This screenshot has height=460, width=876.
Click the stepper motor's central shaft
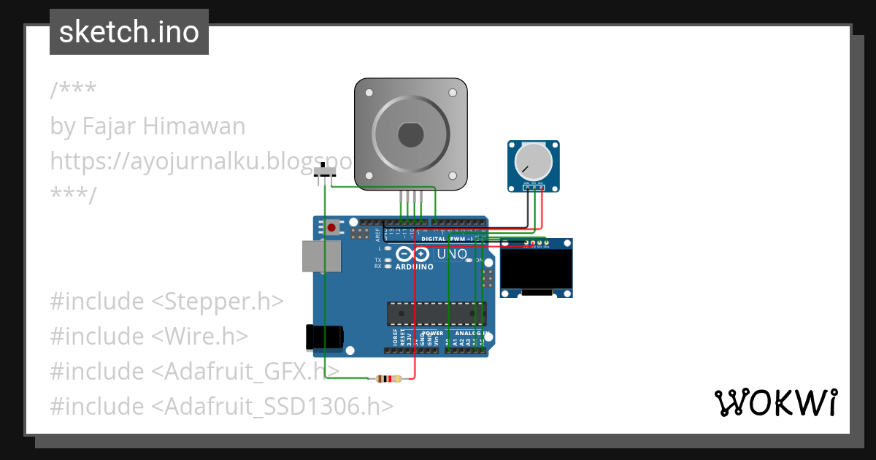(x=410, y=135)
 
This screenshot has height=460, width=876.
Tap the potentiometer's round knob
(x=534, y=161)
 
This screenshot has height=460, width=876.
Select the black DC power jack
(x=323, y=337)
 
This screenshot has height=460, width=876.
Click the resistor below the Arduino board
(x=387, y=378)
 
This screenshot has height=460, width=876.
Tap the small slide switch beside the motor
(x=325, y=173)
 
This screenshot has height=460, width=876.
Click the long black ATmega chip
(x=436, y=313)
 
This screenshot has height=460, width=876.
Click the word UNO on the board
(x=451, y=254)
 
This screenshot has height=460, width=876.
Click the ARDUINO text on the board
(x=414, y=267)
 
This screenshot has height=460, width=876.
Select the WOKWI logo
(x=775, y=402)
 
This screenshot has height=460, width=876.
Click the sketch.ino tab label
(x=129, y=32)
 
